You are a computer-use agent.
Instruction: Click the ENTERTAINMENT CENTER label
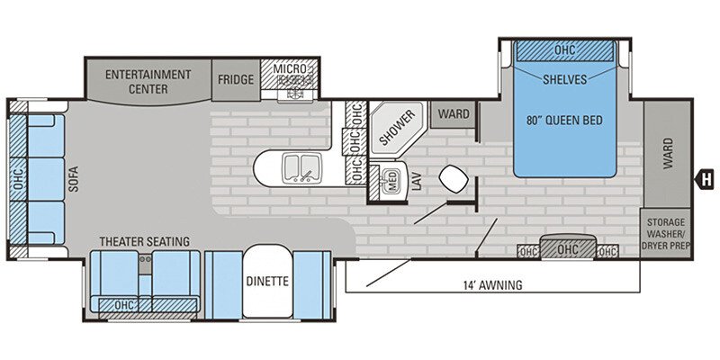(148, 80)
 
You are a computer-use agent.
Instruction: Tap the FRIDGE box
(235, 79)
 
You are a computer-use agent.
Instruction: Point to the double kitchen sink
(298, 167)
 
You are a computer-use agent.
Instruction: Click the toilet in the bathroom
(452, 178)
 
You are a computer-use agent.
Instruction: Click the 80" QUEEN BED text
(564, 119)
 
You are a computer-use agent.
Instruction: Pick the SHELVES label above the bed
(564, 79)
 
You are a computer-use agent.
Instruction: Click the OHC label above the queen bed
(564, 50)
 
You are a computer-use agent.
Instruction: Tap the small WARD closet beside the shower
(454, 114)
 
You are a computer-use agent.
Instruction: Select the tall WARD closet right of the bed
(667, 153)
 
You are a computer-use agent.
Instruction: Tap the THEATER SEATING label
(144, 241)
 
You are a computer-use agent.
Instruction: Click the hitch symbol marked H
(706, 177)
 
